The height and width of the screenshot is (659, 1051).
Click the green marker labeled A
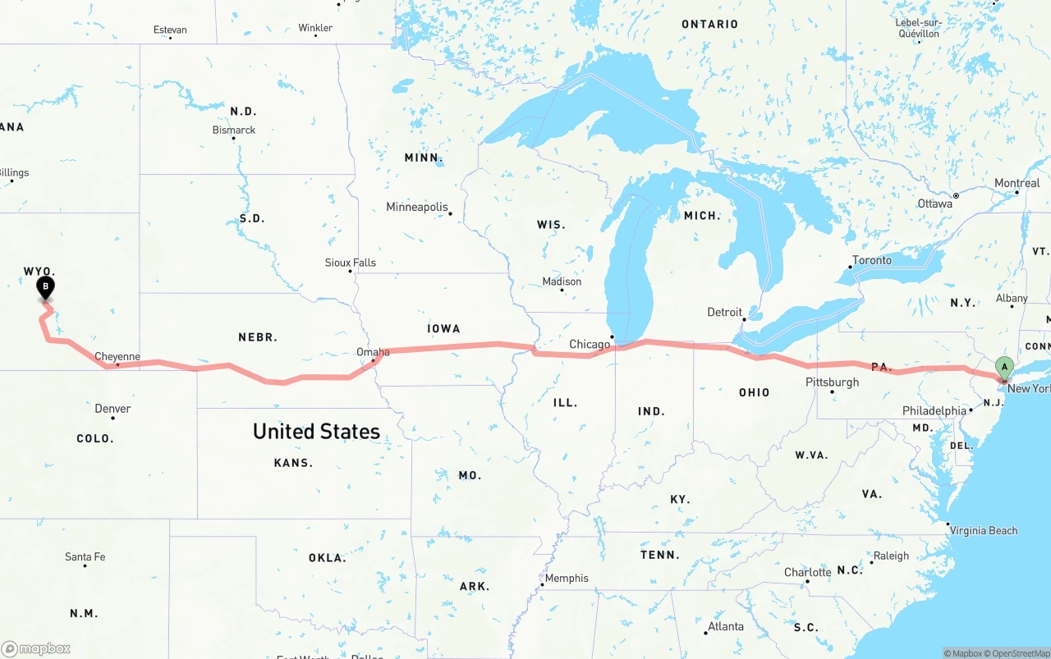click(x=1003, y=367)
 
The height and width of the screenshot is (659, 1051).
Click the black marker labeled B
click(x=46, y=287)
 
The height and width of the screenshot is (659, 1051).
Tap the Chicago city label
click(x=590, y=344)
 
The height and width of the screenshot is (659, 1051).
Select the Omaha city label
click(x=373, y=352)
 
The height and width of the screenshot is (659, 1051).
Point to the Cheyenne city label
click(x=117, y=357)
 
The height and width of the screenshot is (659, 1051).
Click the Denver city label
click(x=112, y=409)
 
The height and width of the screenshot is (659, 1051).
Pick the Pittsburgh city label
click(x=832, y=382)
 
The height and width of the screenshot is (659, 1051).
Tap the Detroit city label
click(x=724, y=312)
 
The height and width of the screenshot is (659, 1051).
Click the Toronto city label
click(x=872, y=260)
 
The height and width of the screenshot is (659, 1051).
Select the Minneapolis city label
click(x=417, y=207)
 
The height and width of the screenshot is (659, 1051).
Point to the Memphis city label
click(x=567, y=578)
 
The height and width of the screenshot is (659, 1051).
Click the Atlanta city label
click(x=726, y=626)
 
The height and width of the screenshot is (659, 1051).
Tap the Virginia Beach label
click(x=984, y=530)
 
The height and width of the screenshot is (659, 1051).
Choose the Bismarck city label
click(x=234, y=130)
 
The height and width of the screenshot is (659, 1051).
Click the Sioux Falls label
click(x=351, y=263)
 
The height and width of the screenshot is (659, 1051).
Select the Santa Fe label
click(x=85, y=557)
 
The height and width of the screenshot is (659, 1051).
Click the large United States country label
click(x=316, y=431)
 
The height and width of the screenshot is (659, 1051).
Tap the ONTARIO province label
click(x=709, y=25)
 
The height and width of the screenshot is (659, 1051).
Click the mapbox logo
click(x=36, y=648)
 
